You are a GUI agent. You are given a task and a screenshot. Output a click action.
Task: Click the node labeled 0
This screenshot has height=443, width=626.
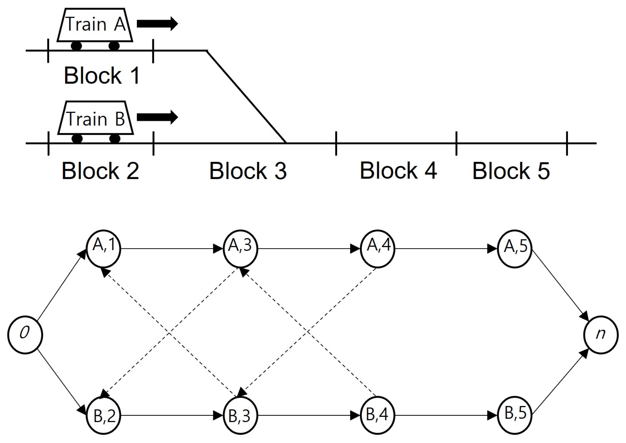[x=25, y=334]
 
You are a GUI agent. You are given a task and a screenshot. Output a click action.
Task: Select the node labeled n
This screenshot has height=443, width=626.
[x=600, y=334]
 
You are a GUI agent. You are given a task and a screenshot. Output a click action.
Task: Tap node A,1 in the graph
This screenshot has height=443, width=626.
[x=104, y=248]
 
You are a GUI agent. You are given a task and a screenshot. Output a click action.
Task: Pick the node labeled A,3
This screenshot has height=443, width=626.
[x=240, y=248]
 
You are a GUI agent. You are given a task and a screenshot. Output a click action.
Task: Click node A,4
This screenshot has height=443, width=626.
[x=377, y=248]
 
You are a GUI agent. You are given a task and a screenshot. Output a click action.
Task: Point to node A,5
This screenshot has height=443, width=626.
[x=514, y=248]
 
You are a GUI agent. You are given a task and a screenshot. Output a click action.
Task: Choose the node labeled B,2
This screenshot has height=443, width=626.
[x=104, y=416]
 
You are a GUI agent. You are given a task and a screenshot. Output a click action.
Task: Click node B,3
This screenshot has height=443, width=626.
[x=240, y=416]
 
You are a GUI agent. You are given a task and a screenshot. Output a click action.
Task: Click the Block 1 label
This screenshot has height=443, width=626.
[x=102, y=76]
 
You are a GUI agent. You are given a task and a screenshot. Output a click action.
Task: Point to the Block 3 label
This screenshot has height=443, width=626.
[x=248, y=171]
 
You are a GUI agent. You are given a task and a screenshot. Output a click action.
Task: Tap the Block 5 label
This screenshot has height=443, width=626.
[x=511, y=171]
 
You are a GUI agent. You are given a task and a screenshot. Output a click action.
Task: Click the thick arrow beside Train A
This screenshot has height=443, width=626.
[x=157, y=23]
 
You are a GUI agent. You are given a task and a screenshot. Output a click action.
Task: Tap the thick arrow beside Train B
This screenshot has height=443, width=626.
[x=157, y=117]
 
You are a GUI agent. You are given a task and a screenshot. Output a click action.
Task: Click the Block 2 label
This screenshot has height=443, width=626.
[x=100, y=171]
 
